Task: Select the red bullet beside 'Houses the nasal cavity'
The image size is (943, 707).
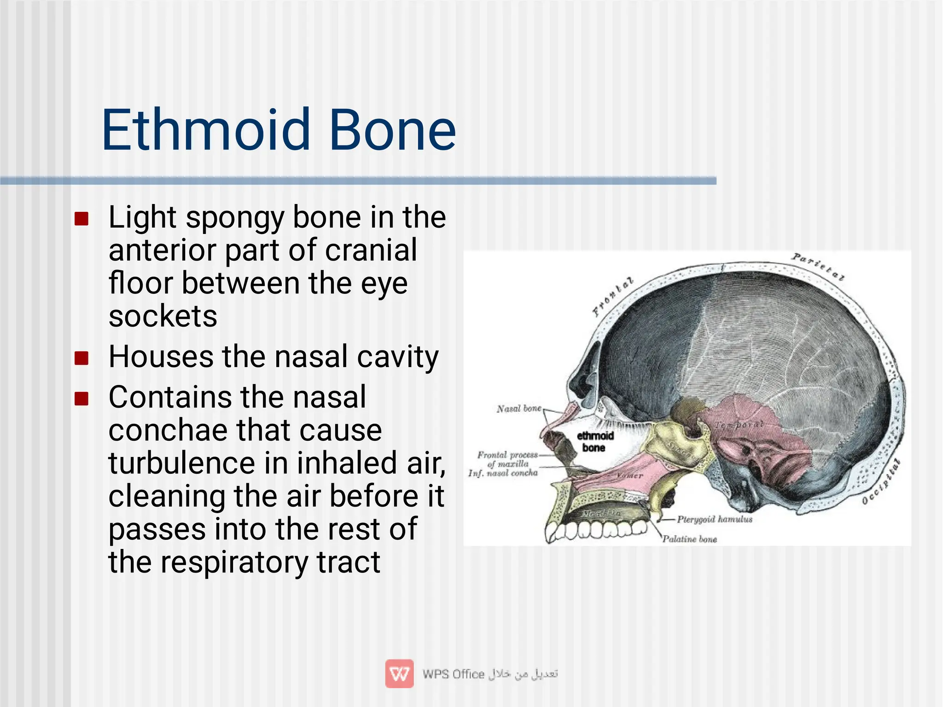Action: [x=81, y=358]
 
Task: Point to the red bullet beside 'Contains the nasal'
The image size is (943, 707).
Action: [x=81, y=398]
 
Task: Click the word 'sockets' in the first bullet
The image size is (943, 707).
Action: [x=163, y=316]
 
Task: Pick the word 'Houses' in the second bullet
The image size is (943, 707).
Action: [x=161, y=357]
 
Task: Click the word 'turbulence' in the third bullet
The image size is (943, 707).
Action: [x=181, y=463]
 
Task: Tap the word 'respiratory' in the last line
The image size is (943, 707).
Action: [x=234, y=562]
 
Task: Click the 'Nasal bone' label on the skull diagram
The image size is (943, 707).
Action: [x=518, y=409]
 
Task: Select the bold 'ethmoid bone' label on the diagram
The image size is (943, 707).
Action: [x=595, y=441]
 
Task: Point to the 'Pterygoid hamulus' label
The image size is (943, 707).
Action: [x=714, y=519]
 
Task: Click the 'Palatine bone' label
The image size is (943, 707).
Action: [x=689, y=539]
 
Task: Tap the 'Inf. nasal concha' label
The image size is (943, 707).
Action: [x=503, y=473]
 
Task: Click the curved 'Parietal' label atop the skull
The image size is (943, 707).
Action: [x=818, y=267]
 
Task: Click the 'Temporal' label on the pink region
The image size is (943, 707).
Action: [x=739, y=425]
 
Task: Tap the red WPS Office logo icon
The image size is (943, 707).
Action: [x=399, y=674]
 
